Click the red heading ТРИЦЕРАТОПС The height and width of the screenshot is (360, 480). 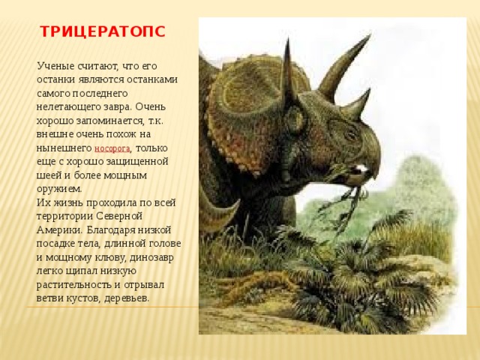coord(103,31)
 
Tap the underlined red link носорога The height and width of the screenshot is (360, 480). coord(112,148)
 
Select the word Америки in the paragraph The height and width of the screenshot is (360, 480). coord(59,230)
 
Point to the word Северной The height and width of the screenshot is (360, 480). coord(119,216)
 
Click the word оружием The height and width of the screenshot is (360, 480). coord(59,189)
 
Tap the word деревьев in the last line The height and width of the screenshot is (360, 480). coord(127,298)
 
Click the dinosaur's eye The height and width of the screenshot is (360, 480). coord(350,134)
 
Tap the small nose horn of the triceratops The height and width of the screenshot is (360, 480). coord(356,105)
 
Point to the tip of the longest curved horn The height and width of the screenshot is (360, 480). coord(370,35)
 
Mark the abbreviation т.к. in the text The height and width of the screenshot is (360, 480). coord(156,121)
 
